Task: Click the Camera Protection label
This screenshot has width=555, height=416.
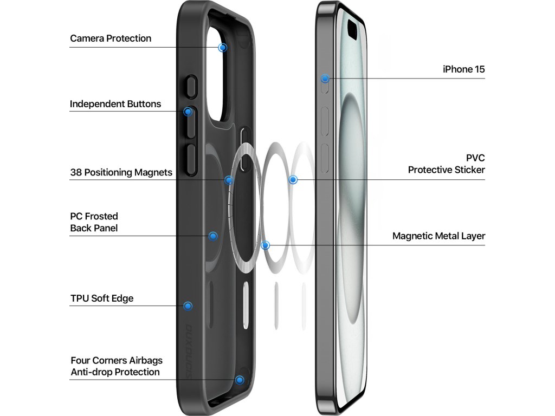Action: [111, 38]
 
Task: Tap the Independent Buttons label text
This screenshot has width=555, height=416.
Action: [115, 103]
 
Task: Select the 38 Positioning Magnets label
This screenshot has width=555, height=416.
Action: [121, 172]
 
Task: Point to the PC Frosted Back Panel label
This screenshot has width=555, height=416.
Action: [94, 222]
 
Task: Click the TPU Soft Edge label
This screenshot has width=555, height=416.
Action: [102, 298]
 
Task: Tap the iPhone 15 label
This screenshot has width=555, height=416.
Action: [463, 69]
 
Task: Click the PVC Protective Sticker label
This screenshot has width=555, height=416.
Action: [447, 164]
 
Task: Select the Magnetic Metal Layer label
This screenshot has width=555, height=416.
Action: [438, 236]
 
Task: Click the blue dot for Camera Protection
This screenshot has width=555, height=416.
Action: [222, 48]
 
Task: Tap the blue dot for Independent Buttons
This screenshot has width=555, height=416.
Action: [188, 112]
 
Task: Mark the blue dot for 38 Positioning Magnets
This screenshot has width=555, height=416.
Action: [229, 180]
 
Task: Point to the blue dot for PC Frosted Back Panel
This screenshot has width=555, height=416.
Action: [213, 236]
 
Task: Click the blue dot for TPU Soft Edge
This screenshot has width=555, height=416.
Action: [188, 306]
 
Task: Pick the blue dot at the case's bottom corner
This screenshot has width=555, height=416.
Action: [240, 380]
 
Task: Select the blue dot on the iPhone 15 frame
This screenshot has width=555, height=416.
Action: [325, 79]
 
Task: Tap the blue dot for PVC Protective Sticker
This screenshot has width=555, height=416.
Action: [293, 179]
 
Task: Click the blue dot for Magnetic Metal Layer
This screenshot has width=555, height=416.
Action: [265, 245]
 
